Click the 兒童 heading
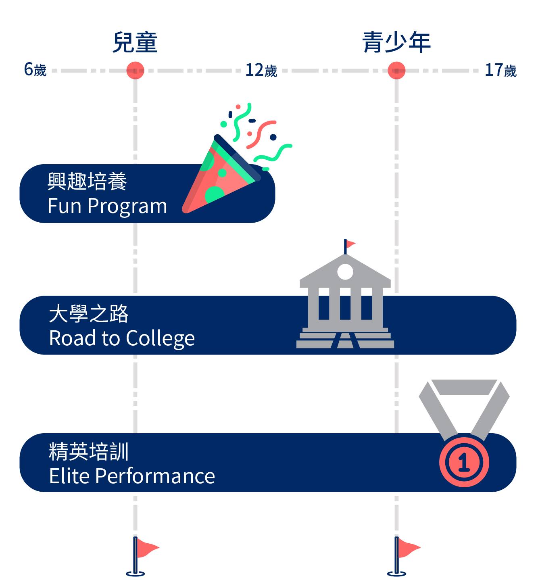click(135, 42)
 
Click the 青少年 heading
click(396, 42)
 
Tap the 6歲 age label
click(35, 70)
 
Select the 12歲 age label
click(261, 70)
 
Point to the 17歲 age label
click(500, 70)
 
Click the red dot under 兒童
click(135, 70)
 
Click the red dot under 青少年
click(396, 70)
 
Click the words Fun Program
click(107, 206)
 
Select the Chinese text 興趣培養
click(87, 181)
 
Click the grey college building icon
click(345, 303)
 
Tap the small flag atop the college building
click(350, 244)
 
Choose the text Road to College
click(122, 338)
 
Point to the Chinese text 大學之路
click(89, 314)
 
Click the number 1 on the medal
click(464, 462)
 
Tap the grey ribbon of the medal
click(464, 403)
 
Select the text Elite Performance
click(132, 476)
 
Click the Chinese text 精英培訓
click(89, 451)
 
